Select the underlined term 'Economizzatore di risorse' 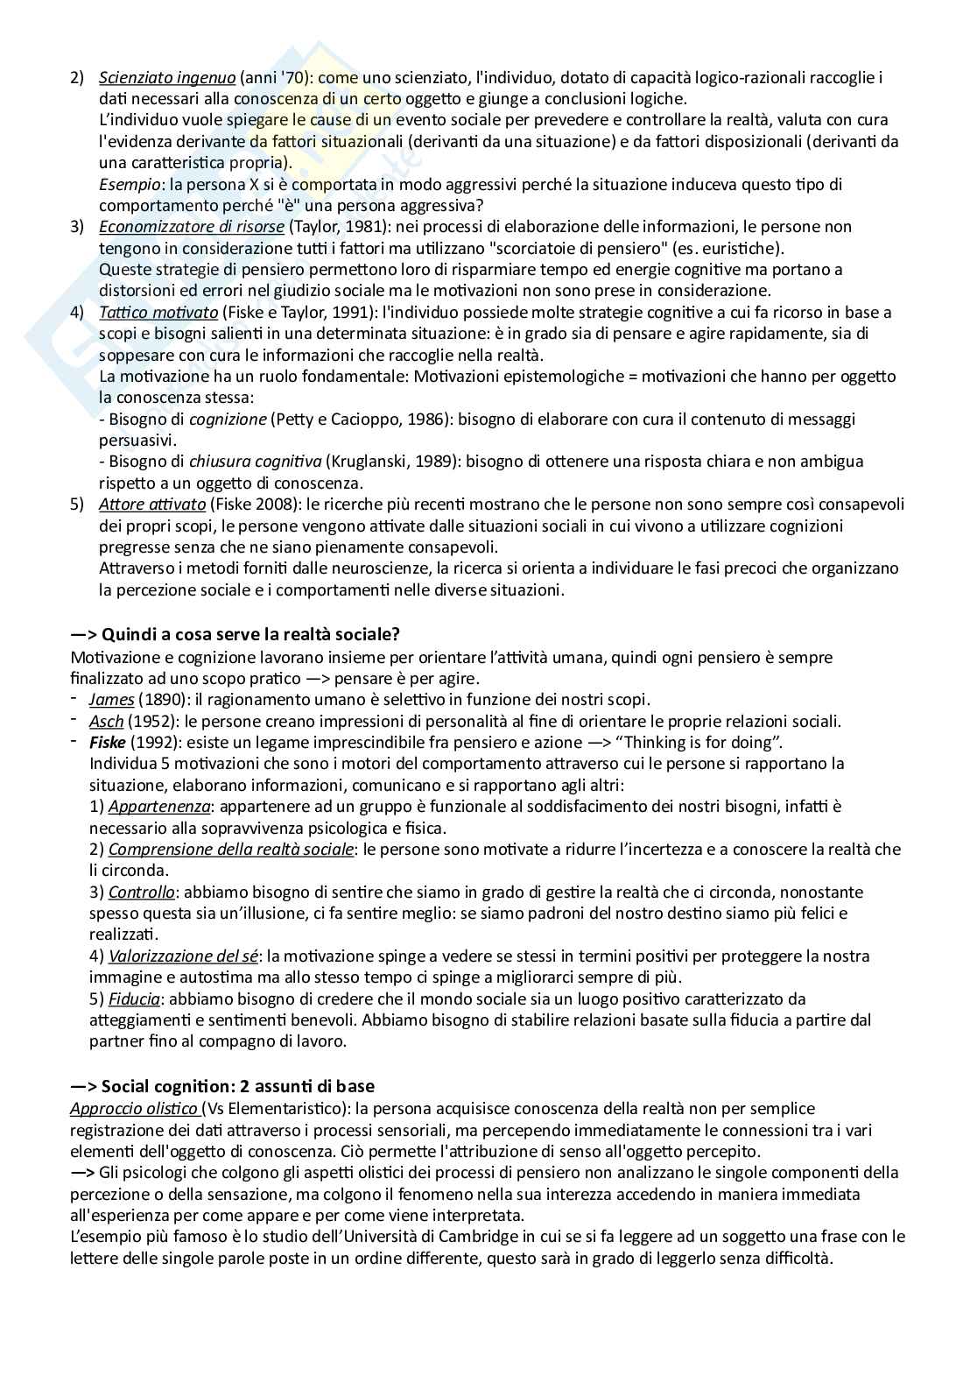coord(191,227)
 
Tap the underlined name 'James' coord(111,700)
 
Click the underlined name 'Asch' coord(106,722)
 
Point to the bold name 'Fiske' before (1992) coord(107,743)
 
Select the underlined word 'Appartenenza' coord(158,807)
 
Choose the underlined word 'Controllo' coord(141,893)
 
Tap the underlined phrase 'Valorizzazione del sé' coord(183,956)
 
